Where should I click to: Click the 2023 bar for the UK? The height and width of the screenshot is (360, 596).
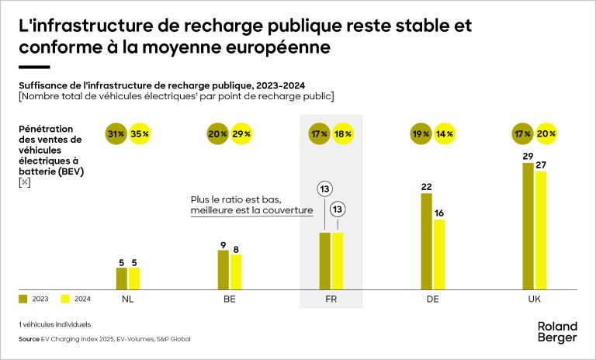point(528,226)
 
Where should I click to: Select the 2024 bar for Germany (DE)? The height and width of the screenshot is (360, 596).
point(439,254)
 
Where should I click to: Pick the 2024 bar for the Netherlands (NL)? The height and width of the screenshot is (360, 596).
point(134,279)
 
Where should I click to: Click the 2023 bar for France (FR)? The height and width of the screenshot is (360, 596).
point(325,261)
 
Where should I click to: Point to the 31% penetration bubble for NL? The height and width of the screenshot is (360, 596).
point(116,133)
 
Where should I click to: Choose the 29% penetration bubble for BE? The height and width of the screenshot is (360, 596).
point(241,133)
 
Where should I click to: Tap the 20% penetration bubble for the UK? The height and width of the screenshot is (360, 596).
point(546,133)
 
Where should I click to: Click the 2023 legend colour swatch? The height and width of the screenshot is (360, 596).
point(23,298)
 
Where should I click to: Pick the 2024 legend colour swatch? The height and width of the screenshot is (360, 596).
point(65,298)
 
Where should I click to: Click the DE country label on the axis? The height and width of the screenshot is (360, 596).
point(433,299)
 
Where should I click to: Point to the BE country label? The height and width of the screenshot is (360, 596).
point(230,299)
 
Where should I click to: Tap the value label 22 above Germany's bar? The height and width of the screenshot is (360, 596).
point(426,186)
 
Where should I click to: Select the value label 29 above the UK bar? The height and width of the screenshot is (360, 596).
point(528,157)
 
